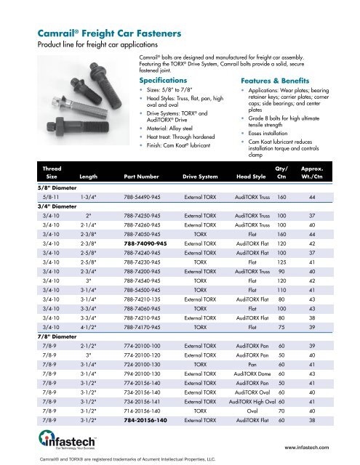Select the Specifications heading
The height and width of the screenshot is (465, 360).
click(167, 80)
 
